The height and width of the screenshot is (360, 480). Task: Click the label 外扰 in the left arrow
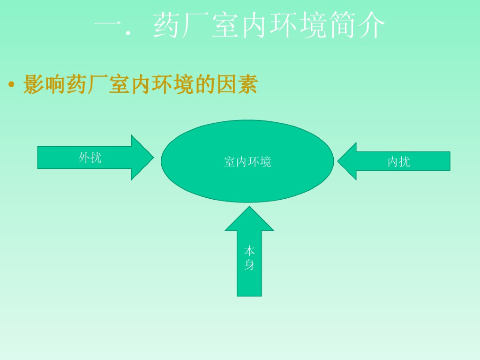(90, 157)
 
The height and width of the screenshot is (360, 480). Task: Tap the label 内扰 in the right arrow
(398, 162)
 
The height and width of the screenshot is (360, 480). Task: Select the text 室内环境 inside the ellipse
(247, 162)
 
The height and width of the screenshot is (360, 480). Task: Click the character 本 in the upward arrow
(249, 251)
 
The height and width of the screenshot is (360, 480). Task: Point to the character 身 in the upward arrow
(249, 265)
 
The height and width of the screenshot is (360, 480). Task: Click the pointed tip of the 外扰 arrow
(153, 157)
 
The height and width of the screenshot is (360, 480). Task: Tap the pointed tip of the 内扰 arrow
(338, 161)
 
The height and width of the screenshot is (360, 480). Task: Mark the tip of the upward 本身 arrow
(249, 207)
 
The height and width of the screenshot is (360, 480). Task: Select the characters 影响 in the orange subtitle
(45, 85)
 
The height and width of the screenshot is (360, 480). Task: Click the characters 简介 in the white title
(356, 25)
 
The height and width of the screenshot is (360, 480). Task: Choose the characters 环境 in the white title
(298, 25)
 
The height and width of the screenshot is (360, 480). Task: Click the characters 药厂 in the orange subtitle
(87, 85)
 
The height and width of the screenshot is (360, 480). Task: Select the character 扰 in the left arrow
(96, 157)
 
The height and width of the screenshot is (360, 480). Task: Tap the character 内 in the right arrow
(393, 162)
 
